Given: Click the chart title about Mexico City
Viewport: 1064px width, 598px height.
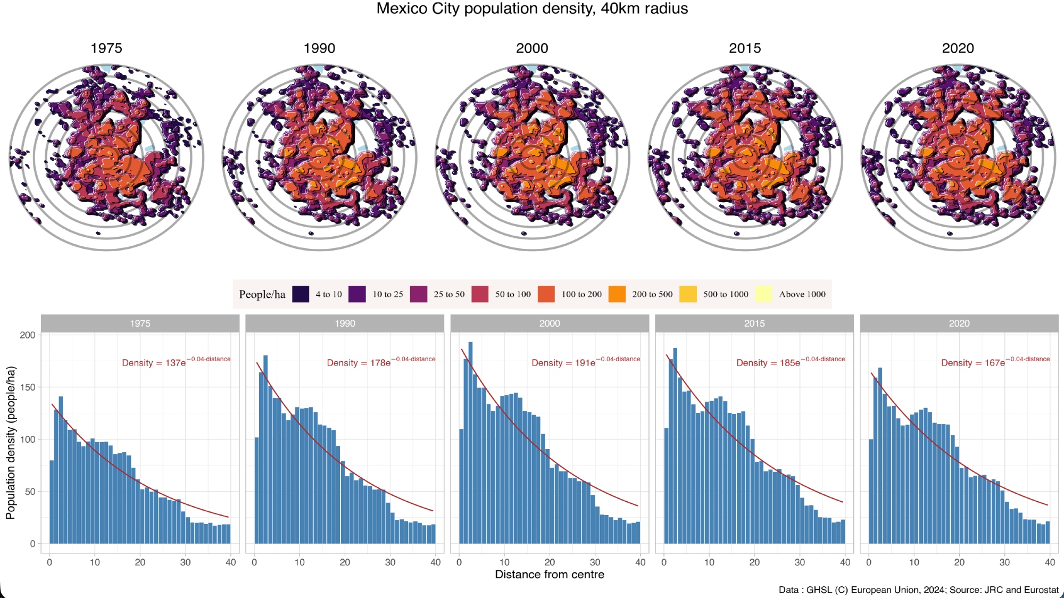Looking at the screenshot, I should [x=532, y=9].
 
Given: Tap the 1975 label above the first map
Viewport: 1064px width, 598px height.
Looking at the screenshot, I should [x=106, y=48].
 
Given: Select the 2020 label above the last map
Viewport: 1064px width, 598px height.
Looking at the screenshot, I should [x=958, y=48].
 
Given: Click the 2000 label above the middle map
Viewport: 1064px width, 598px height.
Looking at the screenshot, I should [x=532, y=48].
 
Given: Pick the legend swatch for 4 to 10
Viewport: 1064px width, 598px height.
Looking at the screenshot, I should [x=301, y=294].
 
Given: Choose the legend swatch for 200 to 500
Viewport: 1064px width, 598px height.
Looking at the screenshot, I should [x=617, y=294].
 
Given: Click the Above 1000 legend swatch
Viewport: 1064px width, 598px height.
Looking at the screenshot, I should [x=763, y=294].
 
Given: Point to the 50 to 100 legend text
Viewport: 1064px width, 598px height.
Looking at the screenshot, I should [x=513, y=294].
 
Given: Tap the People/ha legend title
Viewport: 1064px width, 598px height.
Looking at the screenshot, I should [x=262, y=294].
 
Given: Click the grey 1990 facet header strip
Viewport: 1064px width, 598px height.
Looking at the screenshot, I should [x=345, y=323].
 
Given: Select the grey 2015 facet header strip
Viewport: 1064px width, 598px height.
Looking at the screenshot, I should [x=754, y=323].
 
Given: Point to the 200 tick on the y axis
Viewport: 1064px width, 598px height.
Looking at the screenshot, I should [x=28, y=335].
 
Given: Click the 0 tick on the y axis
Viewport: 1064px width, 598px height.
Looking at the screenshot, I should [x=33, y=544].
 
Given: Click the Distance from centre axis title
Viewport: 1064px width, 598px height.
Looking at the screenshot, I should [x=550, y=575].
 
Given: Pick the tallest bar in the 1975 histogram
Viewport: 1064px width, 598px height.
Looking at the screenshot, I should [x=61, y=469].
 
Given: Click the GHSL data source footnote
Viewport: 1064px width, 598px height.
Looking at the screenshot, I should [x=918, y=589].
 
